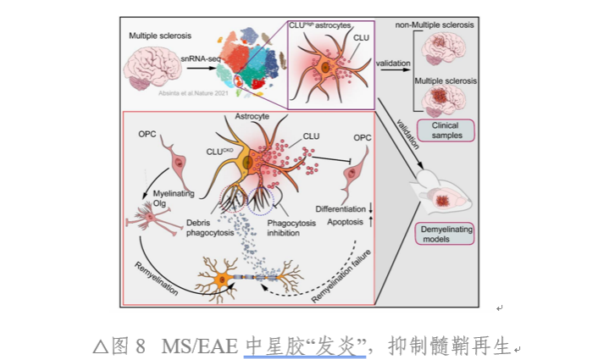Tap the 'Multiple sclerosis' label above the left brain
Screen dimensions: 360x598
pos(160,36)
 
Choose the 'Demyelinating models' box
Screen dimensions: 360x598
pos(446,233)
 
